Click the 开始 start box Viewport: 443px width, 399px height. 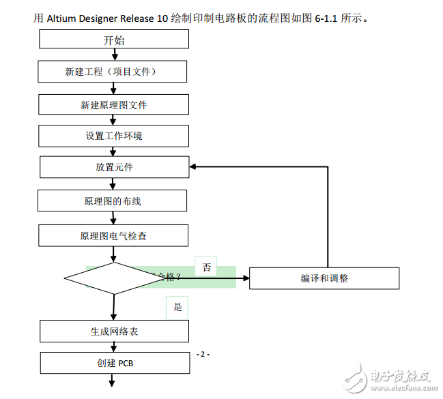click(x=114, y=40)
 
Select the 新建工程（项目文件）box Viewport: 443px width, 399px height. click(x=114, y=72)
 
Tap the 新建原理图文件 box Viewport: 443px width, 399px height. click(x=114, y=104)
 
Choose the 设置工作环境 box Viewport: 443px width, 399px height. click(x=114, y=136)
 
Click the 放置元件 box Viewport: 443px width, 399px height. click(x=114, y=167)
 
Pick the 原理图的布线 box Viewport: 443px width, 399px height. click(x=113, y=201)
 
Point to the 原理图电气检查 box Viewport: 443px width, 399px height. click(x=113, y=236)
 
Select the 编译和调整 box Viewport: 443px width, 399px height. click(x=324, y=278)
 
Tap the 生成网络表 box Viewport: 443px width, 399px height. click(x=114, y=331)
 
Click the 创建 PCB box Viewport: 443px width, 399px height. click(x=114, y=363)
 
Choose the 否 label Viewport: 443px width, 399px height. click(x=206, y=266)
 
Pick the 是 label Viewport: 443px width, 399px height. click(x=177, y=307)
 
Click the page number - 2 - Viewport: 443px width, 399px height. click(x=203, y=355)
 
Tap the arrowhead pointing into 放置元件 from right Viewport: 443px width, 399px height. click(x=194, y=166)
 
